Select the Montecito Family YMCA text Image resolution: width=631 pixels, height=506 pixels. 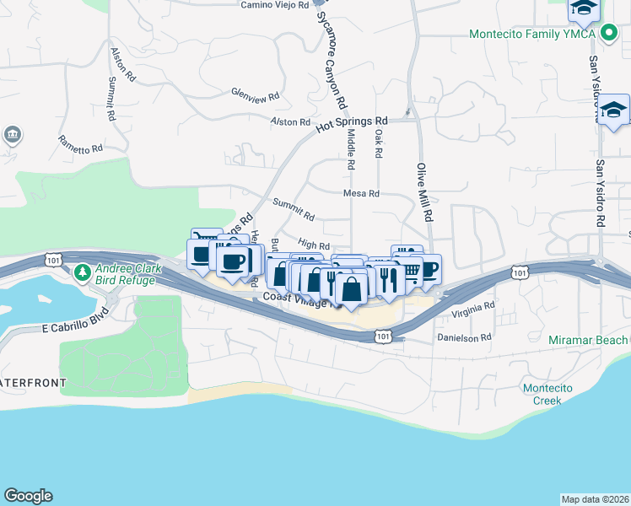(533, 35)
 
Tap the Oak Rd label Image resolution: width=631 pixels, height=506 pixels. (379, 143)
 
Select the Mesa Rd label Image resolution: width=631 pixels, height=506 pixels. (361, 193)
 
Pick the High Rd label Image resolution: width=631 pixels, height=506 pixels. (313, 244)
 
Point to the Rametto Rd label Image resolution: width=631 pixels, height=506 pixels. (80, 143)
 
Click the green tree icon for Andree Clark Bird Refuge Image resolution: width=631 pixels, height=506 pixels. (82, 272)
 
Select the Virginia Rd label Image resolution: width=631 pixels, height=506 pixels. (472, 310)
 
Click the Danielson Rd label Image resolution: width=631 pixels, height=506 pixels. (463, 337)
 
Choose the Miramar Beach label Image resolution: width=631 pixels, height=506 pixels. (589, 339)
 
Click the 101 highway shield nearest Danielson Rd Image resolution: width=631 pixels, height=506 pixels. (384, 336)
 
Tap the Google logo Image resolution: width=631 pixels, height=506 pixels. (29, 496)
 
